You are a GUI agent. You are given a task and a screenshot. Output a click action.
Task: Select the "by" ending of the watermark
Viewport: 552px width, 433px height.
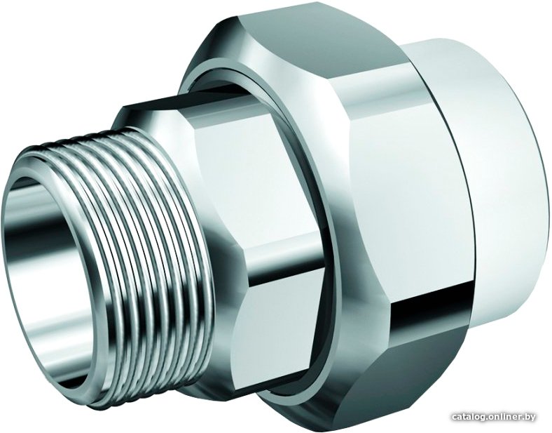click(x=530, y=418)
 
